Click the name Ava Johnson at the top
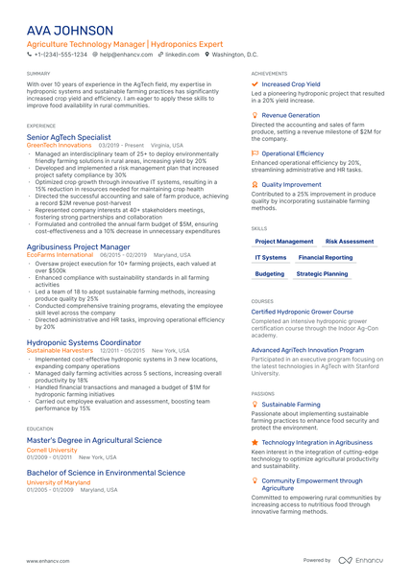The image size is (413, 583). coord(70,30)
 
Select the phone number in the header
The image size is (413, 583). coord(61,56)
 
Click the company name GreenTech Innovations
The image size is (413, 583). coord(54,145)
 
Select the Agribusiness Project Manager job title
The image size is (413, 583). coord(78,246)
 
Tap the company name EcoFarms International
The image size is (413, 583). coord(60,254)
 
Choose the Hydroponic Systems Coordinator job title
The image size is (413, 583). coord(84,342)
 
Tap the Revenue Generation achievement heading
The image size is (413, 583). coord(291,114)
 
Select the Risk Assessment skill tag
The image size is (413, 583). coord(350,242)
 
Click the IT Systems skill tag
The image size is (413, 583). coord(271,258)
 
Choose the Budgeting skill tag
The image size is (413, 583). coord(270,274)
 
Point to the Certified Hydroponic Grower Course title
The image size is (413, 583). coord(302,312)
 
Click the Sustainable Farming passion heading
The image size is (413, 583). coord(291,405)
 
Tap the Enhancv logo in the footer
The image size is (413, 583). coord(364,559)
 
